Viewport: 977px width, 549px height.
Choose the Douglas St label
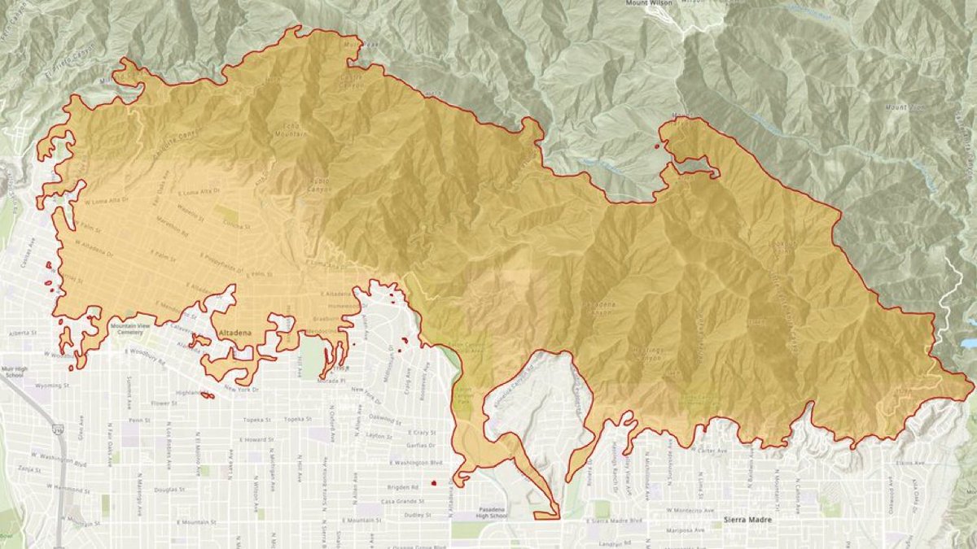click(x=169, y=490)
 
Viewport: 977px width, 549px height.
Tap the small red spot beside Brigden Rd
click(x=434, y=483)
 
